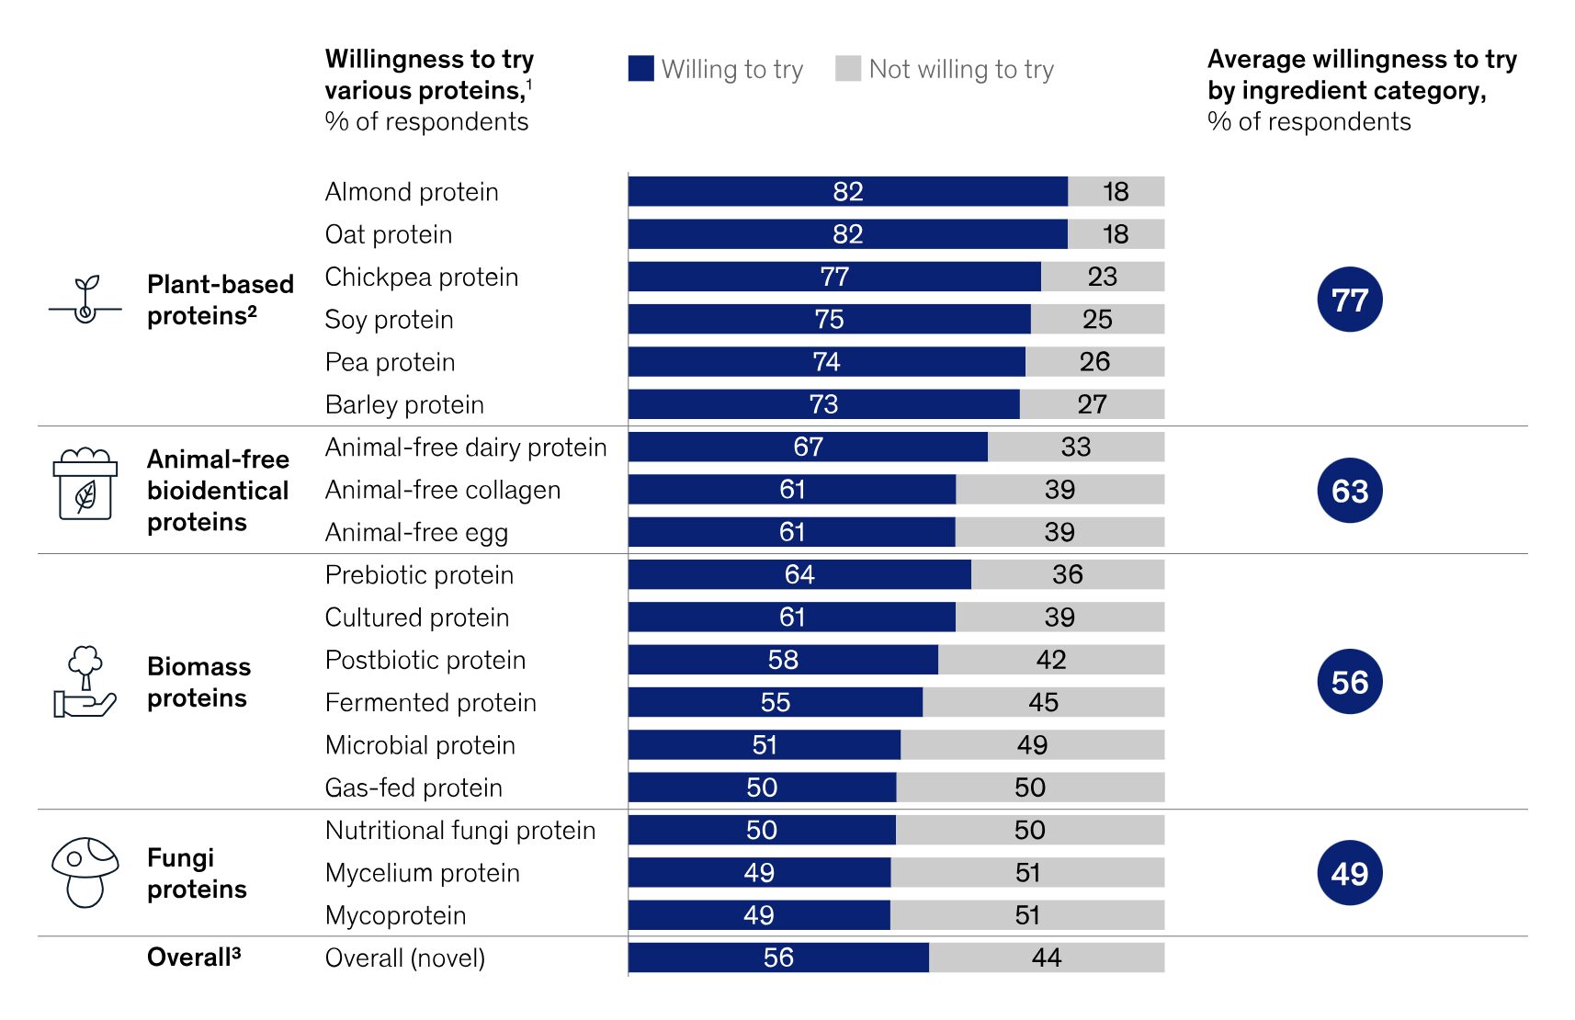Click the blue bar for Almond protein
(847, 191)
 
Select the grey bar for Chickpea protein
(1102, 277)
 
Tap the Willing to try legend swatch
(640, 69)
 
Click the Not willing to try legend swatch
(847, 69)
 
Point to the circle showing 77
(1349, 300)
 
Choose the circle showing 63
(1349, 491)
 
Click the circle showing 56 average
(1349, 682)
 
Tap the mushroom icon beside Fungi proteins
(85, 871)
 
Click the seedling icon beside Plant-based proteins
(85, 300)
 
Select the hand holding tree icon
(85, 682)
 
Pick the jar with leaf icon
(85, 484)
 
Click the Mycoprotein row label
(395, 915)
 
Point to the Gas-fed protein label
(414, 788)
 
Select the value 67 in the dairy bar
(808, 447)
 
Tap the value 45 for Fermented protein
(1043, 702)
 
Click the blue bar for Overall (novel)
(778, 958)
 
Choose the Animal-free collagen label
(442, 490)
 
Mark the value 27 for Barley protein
(1092, 404)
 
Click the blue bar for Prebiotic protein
(799, 574)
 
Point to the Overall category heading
(193, 958)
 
